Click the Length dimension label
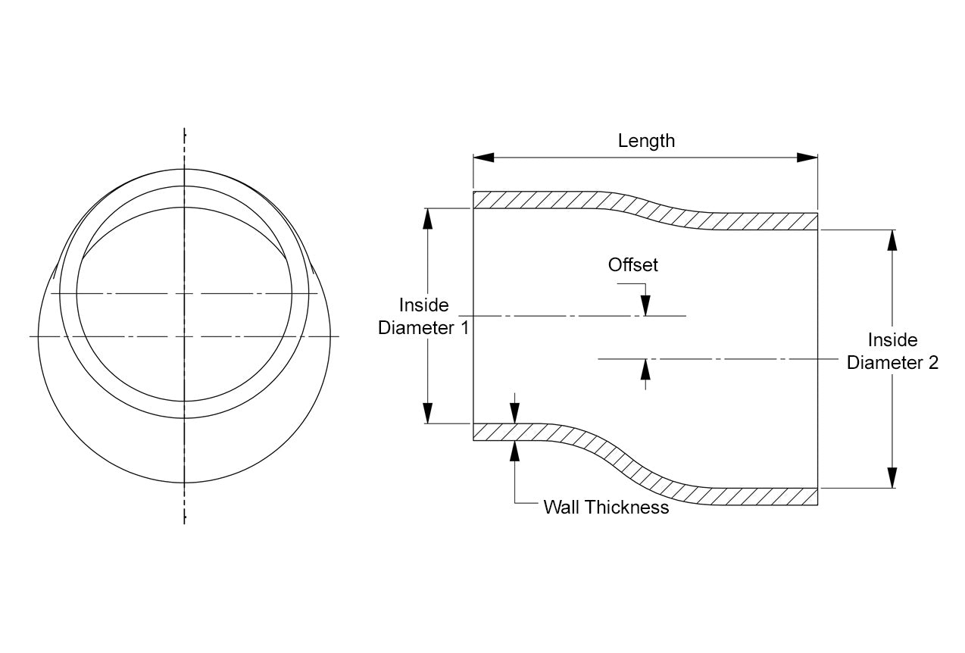point(646,141)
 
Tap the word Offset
point(633,265)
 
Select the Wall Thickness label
point(606,508)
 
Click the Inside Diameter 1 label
point(423,317)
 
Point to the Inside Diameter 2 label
point(892,351)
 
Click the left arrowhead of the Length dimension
point(483,158)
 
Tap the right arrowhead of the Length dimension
point(807,158)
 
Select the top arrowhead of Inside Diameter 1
point(428,217)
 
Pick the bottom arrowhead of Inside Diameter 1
point(428,413)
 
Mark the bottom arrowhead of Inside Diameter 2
point(892,478)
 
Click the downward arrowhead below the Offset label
point(645,305)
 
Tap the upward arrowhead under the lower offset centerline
point(645,369)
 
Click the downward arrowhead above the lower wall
point(515,413)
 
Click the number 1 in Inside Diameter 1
point(464,329)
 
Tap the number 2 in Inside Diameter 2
point(932,363)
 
